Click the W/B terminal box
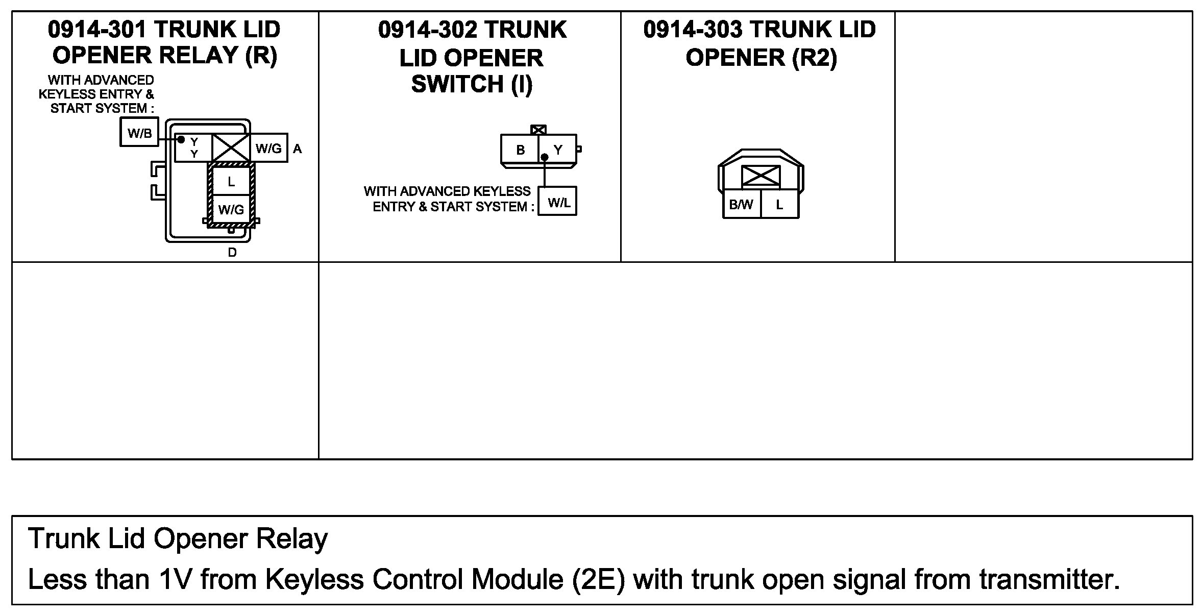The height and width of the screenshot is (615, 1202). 139,132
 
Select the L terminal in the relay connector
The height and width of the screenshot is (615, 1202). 231,181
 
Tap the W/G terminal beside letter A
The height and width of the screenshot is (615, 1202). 268,148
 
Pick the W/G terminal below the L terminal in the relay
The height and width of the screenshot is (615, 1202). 231,209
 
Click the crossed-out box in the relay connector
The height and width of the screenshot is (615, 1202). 231,148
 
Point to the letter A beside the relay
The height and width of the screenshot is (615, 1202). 297,149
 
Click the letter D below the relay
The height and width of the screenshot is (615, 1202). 232,252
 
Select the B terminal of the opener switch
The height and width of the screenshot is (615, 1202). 520,149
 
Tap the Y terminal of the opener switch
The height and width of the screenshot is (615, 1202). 558,149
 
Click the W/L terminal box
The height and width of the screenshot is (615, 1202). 558,202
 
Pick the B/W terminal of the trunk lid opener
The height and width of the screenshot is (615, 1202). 741,204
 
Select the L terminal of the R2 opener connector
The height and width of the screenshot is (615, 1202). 779,204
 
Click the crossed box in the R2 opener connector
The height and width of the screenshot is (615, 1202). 761,177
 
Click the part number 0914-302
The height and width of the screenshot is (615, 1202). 428,30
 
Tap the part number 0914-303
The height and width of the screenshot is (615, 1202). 693,30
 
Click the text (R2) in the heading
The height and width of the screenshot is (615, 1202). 815,58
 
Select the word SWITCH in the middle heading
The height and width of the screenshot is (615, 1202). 457,84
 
